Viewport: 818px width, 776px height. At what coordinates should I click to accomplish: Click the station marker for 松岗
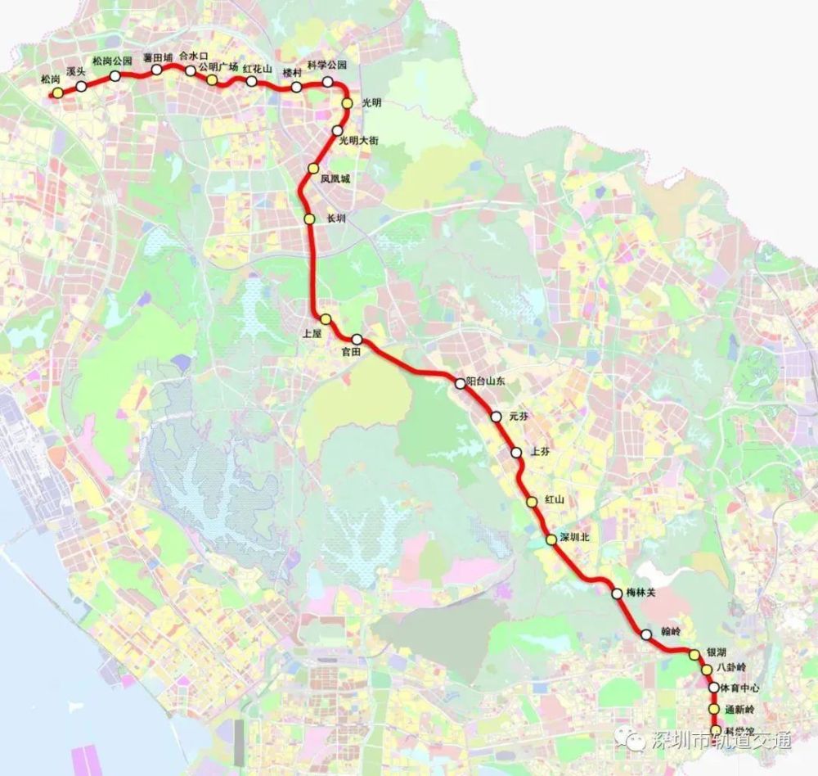tap(57, 93)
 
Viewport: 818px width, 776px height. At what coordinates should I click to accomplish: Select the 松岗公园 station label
tap(112, 61)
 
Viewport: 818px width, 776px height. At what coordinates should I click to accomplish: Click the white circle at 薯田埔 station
tap(156, 70)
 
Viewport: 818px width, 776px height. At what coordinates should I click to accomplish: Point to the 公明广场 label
tap(218, 68)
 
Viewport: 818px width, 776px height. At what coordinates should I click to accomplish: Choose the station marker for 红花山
tap(252, 81)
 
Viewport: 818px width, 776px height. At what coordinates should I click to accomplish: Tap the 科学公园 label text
tap(326, 65)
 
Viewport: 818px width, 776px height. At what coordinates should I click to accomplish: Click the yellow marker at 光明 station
tap(347, 103)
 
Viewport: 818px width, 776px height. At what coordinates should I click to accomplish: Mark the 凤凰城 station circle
tap(312, 169)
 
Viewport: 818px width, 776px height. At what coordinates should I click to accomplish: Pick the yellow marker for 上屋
tap(325, 319)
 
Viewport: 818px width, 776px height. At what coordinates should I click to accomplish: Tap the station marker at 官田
tap(357, 339)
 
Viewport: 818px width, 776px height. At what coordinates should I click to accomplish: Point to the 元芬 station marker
tap(496, 417)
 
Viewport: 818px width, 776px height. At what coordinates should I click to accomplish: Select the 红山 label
tap(555, 499)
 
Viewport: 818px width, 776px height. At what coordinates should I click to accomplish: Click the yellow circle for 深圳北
tap(551, 539)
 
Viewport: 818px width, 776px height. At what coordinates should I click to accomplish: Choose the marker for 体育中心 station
tap(713, 688)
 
